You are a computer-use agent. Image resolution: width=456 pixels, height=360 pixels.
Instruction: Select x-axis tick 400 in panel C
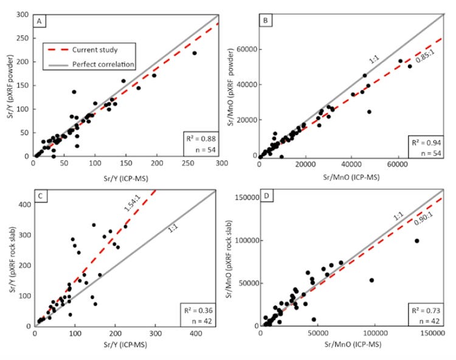pos(196,333)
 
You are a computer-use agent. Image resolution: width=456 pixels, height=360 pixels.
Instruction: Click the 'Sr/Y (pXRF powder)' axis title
pos(9,85)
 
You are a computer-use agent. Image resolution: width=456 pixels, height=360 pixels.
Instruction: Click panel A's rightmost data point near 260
pos(195,53)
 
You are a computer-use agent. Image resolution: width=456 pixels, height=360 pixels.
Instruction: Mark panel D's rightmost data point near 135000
pos(416,241)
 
